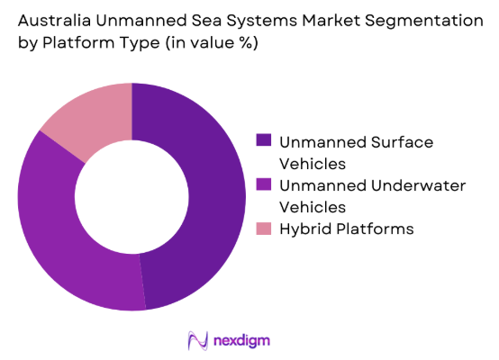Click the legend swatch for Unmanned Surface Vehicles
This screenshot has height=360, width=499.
pos(263,140)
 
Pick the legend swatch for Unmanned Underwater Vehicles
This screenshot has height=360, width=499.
pos(263,185)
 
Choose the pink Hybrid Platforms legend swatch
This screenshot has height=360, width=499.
pos(263,229)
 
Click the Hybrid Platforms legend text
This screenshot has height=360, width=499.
pos(346,229)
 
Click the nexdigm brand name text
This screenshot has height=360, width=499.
pos(241,340)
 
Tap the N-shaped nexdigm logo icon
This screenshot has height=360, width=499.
pos(196,340)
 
